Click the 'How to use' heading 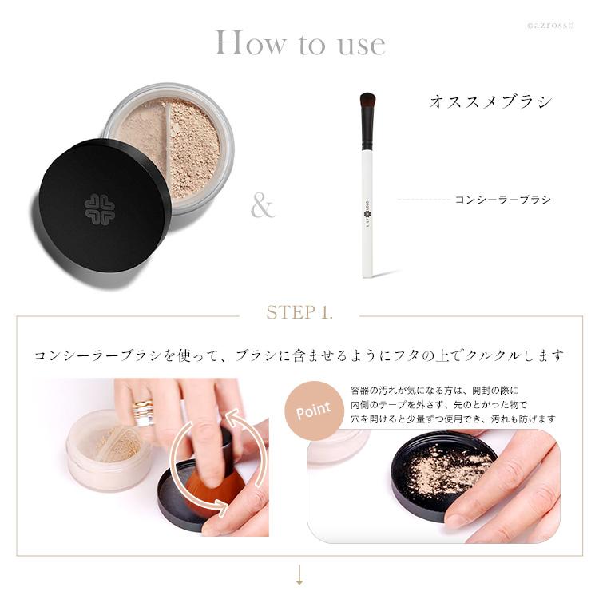click(299, 43)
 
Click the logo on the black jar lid click(101, 209)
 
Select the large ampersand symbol click(262, 206)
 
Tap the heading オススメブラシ click(490, 101)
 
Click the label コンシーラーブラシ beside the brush click(502, 200)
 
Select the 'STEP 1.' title click(299, 312)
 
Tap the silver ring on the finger click(144, 412)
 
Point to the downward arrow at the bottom click(299, 576)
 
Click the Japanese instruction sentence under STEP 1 click(299, 355)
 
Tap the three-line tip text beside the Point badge click(452, 404)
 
